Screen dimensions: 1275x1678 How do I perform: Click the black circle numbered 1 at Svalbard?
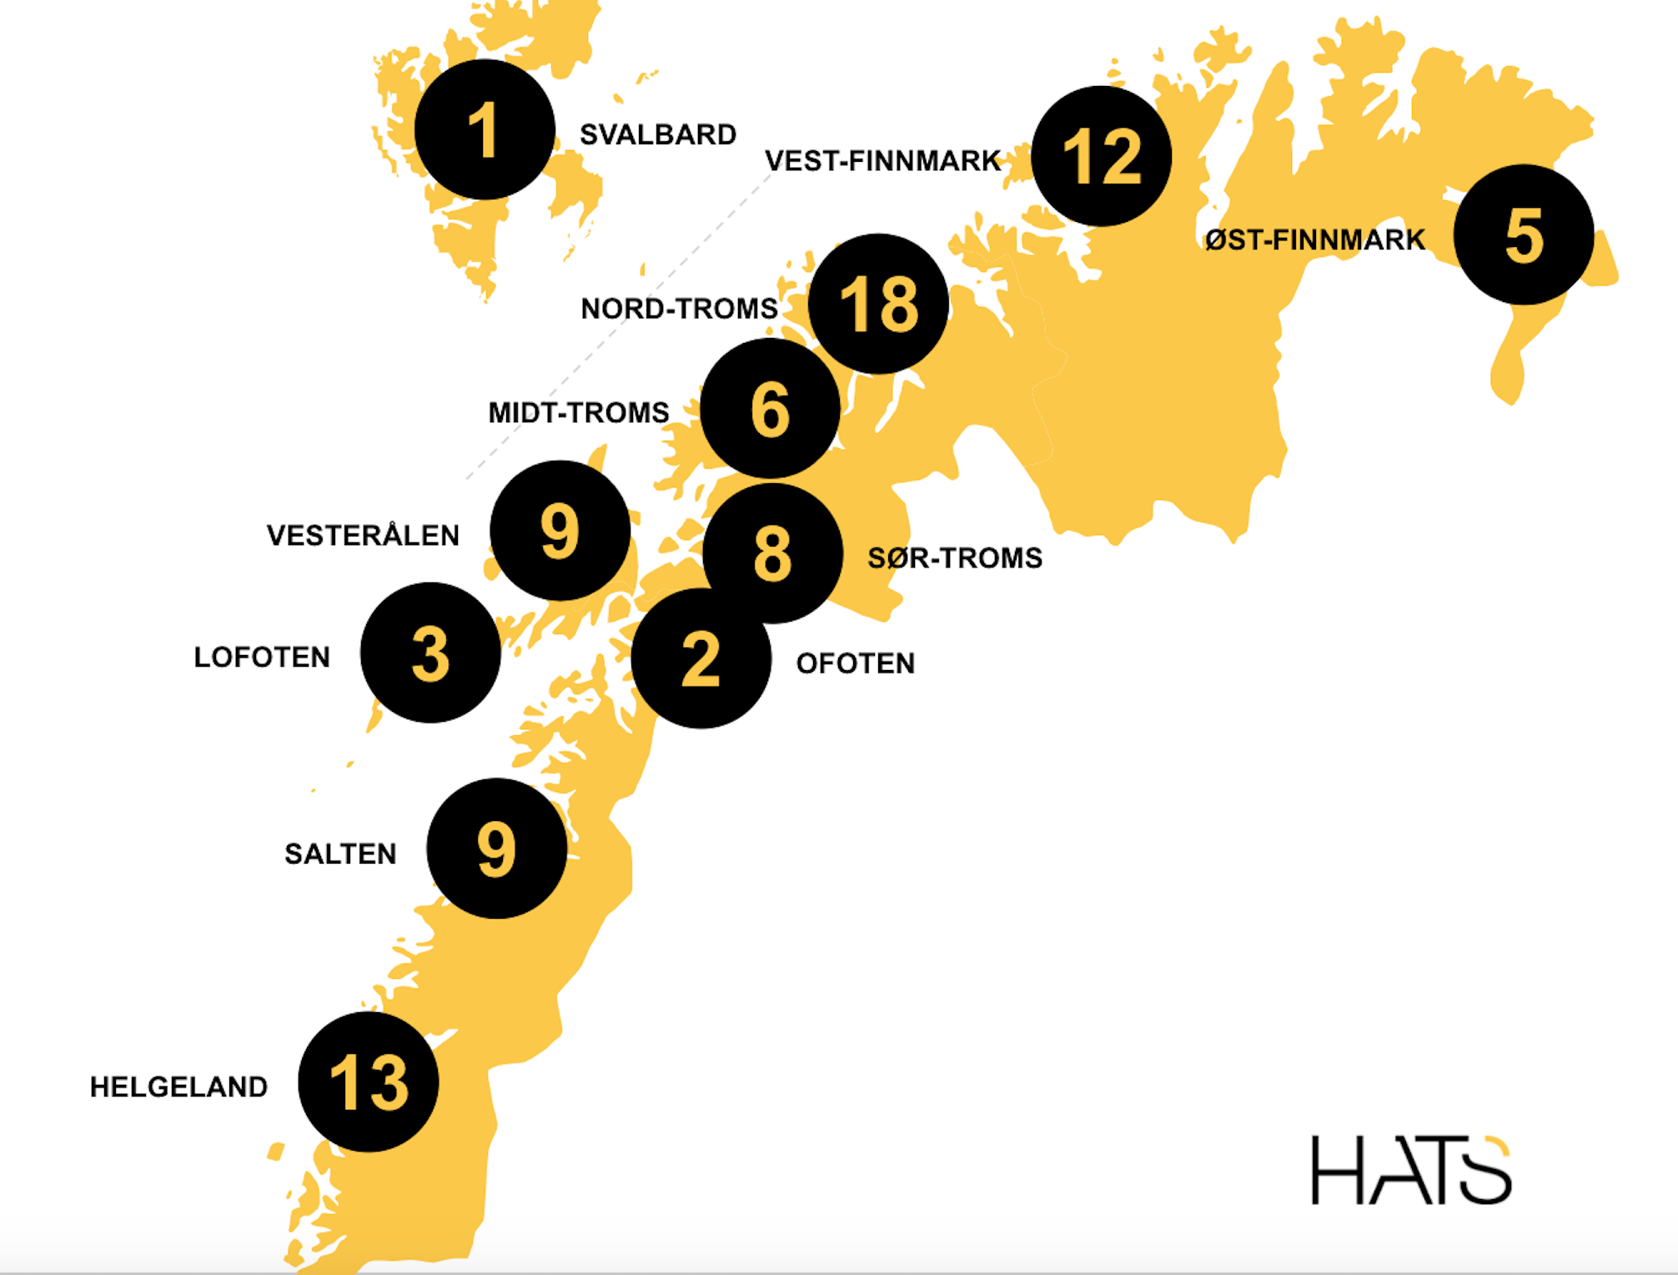coord(485,129)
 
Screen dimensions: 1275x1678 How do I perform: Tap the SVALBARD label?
coord(658,134)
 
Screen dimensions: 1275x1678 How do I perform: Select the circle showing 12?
coord(1101,156)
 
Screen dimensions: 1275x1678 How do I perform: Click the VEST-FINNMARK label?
coord(882,160)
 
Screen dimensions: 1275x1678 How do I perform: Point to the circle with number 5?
coord(1524,234)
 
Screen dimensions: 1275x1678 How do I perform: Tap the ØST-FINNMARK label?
coord(1314,240)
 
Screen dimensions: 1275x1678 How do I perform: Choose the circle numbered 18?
coord(878,304)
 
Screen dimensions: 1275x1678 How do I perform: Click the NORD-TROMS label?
coord(679,309)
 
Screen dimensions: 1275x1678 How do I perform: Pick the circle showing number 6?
coord(770,408)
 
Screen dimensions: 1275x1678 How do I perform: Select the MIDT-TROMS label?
coord(578,412)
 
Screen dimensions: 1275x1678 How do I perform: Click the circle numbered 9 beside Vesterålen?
coord(560,530)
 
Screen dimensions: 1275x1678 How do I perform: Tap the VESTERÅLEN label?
coord(363,535)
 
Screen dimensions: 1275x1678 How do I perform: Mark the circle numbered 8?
coord(772,553)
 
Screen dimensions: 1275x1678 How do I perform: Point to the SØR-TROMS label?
coord(955,557)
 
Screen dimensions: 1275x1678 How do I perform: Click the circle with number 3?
coord(430,653)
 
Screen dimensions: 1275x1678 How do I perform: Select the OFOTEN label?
coord(856,663)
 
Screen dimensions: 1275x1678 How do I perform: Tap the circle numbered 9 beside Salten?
coord(496,849)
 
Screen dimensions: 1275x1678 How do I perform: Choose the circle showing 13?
coord(368,1082)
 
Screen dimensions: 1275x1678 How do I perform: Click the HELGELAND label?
coord(178,1086)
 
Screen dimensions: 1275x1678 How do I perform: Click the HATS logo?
coord(1410,1170)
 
